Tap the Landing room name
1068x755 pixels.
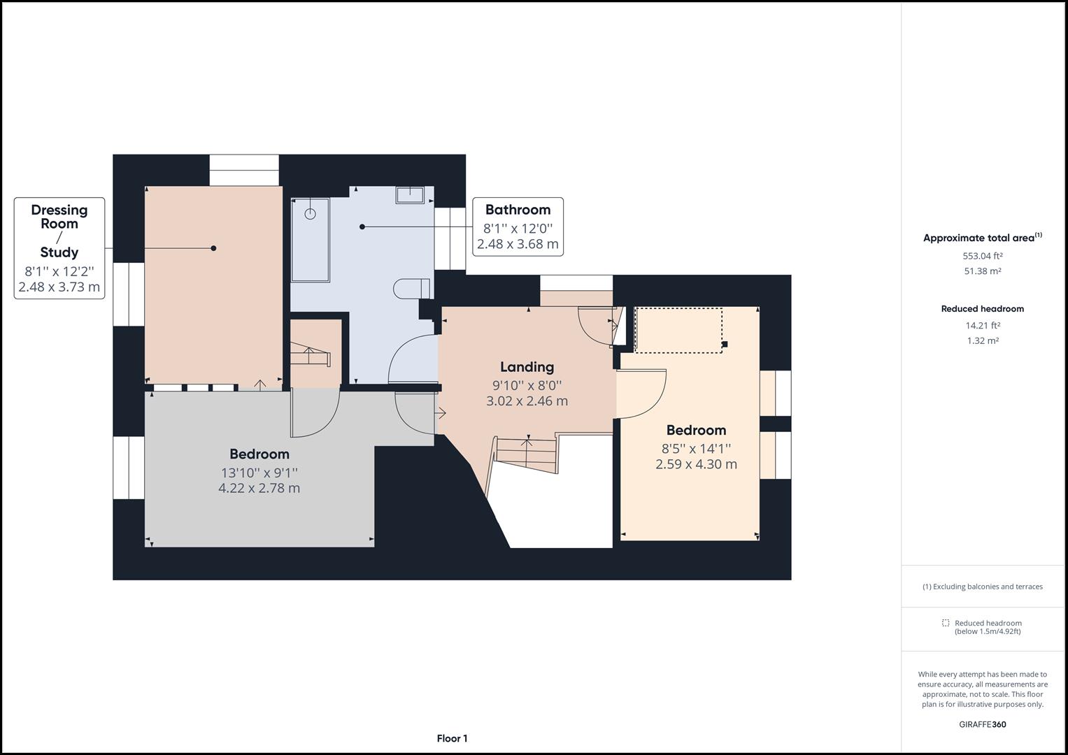(x=527, y=367)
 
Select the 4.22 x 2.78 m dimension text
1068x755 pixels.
(x=259, y=488)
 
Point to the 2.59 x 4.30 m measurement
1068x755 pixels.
(x=696, y=464)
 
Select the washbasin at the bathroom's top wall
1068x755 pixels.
(x=410, y=194)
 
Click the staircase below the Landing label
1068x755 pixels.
(x=526, y=455)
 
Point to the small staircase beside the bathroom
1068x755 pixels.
(x=310, y=356)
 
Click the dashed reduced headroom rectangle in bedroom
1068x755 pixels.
(x=678, y=330)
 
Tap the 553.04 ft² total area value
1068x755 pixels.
(x=983, y=256)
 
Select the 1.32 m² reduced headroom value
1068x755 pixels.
(x=983, y=341)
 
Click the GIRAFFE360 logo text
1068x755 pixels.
(x=982, y=724)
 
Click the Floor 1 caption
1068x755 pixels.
(x=452, y=738)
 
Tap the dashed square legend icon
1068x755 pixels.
(x=946, y=623)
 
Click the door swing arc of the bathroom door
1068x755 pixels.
(x=404, y=352)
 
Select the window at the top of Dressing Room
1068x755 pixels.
(x=244, y=170)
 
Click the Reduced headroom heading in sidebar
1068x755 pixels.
(x=982, y=309)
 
